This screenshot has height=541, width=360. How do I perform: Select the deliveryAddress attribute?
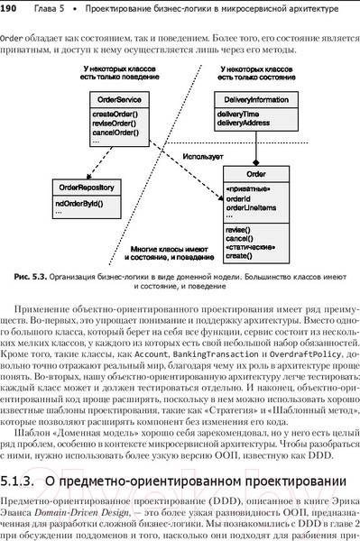click(x=244, y=124)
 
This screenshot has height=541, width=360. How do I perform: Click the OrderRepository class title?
click(x=87, y=187)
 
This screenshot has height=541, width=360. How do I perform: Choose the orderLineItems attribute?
click(x=252, y=208)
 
